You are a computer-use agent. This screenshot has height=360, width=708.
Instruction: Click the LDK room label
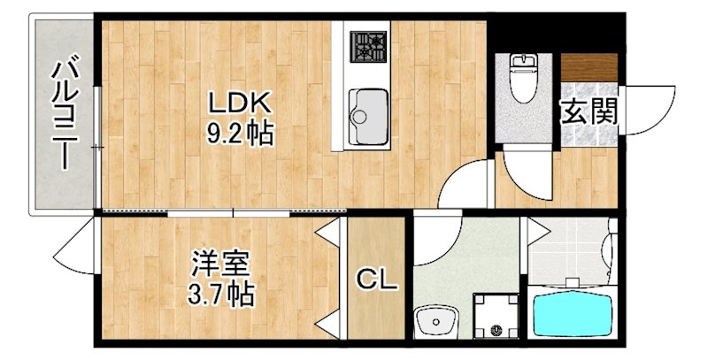click(x=237, y=103)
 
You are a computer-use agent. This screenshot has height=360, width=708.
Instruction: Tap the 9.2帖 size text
click(x=237, y=134)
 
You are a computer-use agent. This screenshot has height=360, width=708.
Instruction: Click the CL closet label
click(x=377, y=282)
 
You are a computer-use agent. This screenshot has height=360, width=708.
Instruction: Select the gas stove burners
click(x=368, y=47)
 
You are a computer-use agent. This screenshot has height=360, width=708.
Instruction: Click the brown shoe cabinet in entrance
click(x=589, y=66)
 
